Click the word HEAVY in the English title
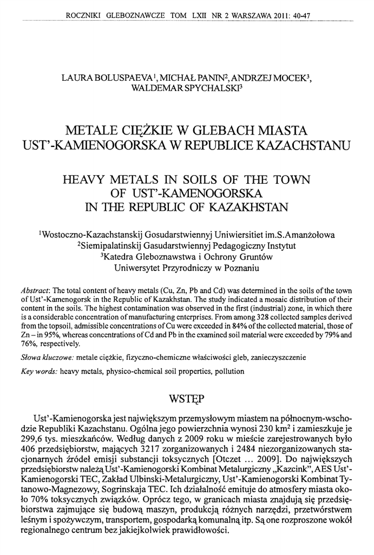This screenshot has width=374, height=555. (88, 179)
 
